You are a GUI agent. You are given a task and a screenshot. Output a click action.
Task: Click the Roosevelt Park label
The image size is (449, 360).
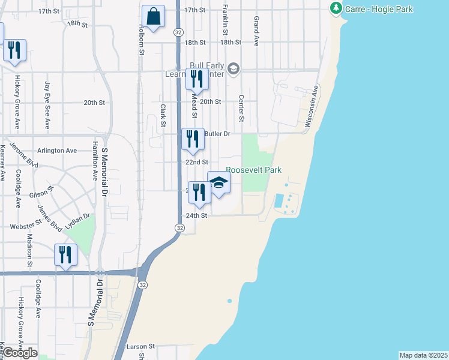coord(253,170)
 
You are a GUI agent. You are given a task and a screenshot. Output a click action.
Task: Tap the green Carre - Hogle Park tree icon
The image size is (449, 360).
coord(336,9)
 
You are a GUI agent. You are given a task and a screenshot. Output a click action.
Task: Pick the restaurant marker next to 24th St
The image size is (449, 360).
coord(199,192)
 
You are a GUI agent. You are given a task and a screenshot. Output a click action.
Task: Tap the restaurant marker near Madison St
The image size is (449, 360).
coord(65,254)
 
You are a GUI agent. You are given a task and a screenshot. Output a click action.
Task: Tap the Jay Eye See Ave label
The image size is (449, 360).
coord(47,106)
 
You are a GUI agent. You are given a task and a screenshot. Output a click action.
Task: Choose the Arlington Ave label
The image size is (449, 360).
coord(57,151)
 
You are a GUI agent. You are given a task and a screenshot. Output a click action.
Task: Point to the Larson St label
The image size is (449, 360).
coord(140,346)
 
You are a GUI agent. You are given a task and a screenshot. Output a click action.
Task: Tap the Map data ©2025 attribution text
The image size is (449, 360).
coord(424,355)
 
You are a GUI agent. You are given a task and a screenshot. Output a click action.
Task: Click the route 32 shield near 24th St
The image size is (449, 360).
coord(179,228)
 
